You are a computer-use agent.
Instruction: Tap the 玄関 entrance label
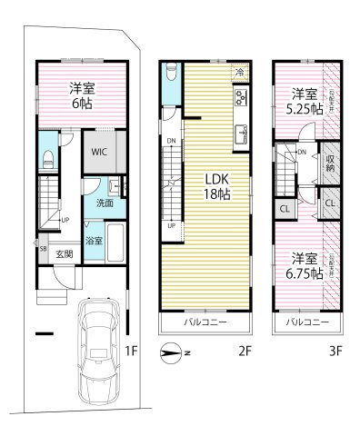tap(64, 253)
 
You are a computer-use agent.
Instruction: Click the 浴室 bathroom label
tap(94, 241)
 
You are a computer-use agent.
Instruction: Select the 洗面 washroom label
tap(106, 203)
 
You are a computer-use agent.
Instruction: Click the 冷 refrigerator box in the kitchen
tap(239, 72)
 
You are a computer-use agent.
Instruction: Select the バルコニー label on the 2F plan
tap(205, 322)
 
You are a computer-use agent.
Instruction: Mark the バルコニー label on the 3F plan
tap(305, 322)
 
